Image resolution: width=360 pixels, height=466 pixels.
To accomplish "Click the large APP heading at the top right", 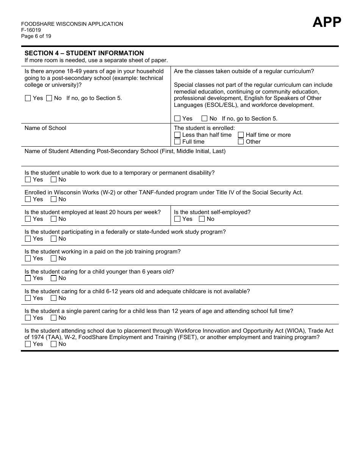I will click(x=327, y=22).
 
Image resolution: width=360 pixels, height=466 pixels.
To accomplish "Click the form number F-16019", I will click(x=31, y=30).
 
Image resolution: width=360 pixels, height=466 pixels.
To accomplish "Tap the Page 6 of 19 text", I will click(x=36, y=36).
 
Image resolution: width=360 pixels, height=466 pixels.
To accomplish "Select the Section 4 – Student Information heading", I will click(x=84, y=53).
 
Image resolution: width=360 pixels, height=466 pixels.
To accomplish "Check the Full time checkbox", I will click(x=177, y=142).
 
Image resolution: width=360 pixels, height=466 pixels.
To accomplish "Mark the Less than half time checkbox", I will click(x=177, y=135).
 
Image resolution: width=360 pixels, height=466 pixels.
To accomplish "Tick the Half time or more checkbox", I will click(x=241, y=135).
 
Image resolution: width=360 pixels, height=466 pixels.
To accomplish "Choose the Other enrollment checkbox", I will click(x=241, y=142).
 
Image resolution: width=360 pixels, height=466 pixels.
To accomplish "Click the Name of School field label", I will click(x=45, y=128).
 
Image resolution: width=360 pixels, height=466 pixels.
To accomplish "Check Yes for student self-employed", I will click(x=177, y=219).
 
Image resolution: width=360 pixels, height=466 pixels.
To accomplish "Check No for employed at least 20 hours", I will click(x=54, y=219).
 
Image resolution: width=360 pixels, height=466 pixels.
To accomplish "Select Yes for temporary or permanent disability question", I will click(x=28, y=180).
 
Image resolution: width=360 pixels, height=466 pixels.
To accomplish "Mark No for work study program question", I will click(x=54, y=239).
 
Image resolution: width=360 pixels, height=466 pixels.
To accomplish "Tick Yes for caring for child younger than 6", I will click(x=28, y=278).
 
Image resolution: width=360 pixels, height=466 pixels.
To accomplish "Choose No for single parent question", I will click(x=54, y=318).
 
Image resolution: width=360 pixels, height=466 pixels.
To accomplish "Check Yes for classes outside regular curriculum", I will click(x=177, y=119).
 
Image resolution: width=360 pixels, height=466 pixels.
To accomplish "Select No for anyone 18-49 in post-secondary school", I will click(x=49, y=98).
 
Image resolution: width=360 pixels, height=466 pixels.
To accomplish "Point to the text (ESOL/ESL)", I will click(x=221, y=105).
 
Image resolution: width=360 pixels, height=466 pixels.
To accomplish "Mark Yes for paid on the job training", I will click(x=28, y=258).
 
